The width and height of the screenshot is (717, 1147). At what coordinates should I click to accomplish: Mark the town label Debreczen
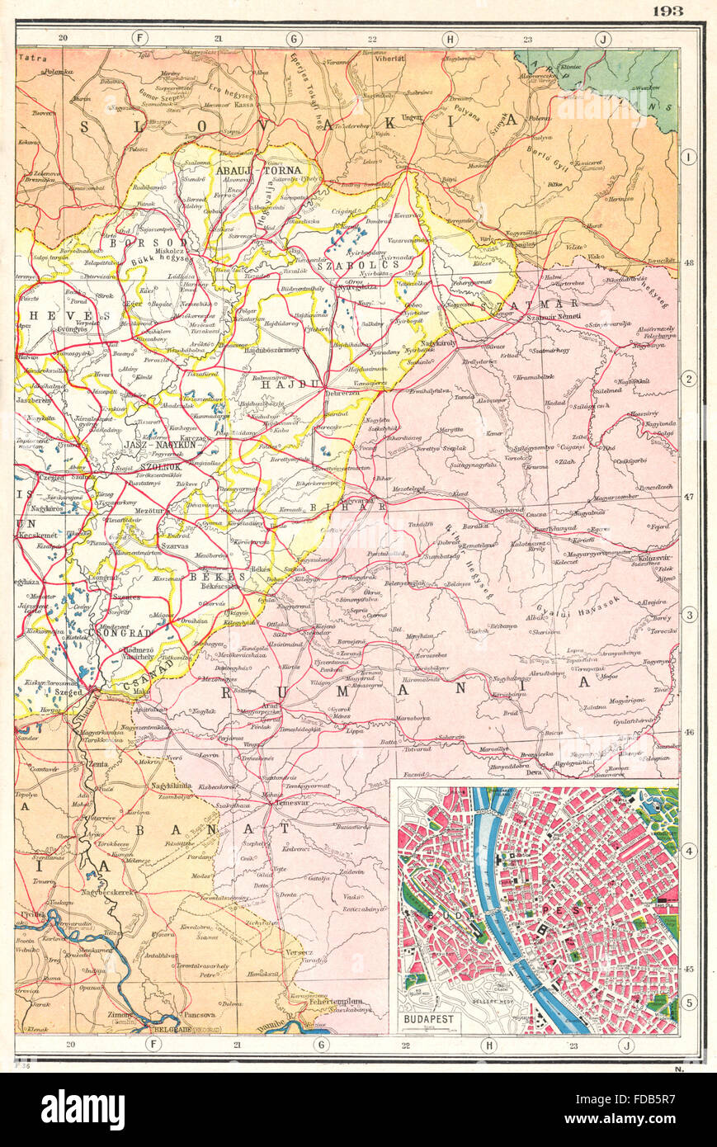[x=342, y=394]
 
